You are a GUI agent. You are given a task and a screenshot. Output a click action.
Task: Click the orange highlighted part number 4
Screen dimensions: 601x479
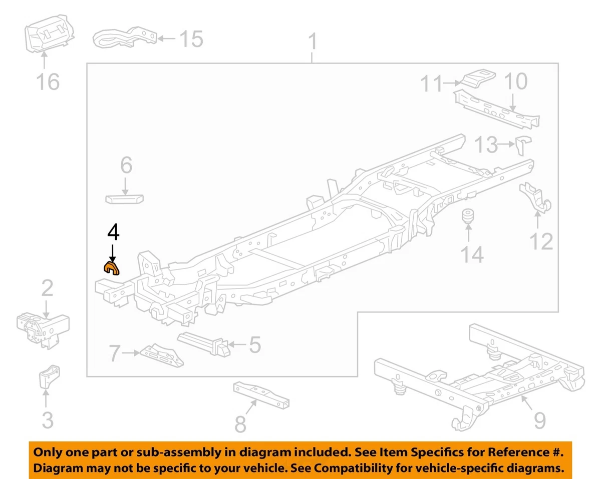(112, 268)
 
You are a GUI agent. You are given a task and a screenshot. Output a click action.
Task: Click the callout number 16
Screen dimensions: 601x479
(48, 81)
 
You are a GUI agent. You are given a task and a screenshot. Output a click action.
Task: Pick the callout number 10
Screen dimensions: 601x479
(515, 80)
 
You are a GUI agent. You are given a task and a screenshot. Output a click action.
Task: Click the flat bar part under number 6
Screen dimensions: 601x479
(125, 198)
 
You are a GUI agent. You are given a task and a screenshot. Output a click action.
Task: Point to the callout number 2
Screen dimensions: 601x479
(47, 288)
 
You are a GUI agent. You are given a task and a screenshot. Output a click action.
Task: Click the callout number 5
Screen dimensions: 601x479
(255, 344)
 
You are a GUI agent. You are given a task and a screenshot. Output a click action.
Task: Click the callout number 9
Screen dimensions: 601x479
(539, 420)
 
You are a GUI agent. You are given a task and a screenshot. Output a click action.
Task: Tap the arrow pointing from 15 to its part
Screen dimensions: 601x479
(166, 38)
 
